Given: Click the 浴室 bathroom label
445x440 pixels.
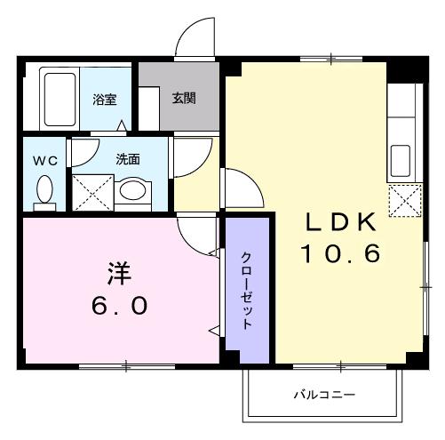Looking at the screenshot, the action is (x=105, y=100).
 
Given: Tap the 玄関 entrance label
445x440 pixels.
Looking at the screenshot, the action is (x=184, y=98).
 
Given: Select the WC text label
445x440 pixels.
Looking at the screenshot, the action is (x=45, y=161).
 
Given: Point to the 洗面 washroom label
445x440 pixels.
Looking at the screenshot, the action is (x=128, y=159).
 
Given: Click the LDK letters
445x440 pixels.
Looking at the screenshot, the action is (x=341, y=222).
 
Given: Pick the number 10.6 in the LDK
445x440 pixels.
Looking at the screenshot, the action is (x=340, y=253).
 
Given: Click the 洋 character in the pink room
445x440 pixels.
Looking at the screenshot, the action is (x=119, y=273).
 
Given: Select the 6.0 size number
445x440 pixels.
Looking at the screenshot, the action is (x=119, y=306).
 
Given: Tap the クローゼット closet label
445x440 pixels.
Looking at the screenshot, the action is (x=247, y=291).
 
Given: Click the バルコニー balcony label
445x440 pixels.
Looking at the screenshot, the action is (x=324, y=395).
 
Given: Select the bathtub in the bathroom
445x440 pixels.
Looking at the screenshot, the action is (x=60, y=99).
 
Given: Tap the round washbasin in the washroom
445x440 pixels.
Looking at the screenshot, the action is (x=132, y=190).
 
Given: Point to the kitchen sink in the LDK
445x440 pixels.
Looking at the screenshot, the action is (x=401, y=161).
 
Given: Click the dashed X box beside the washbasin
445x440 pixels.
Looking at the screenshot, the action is (x=93, y=193).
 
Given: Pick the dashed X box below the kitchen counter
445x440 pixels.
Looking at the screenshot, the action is (x=405, y=200).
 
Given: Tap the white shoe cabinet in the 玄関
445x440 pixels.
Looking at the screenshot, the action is (x=149, y=108).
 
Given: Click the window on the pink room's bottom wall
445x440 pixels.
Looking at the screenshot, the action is (x=127, y=367).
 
